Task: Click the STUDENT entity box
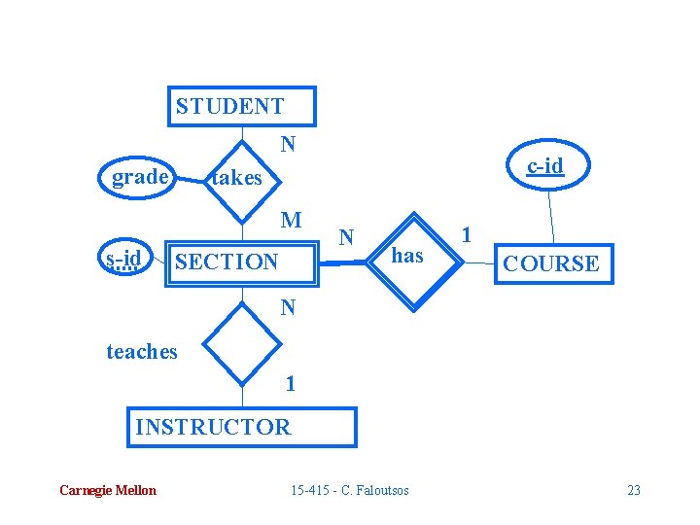click(244, 107)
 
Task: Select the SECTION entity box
click(243, 261)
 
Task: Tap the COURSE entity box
click(554, 262)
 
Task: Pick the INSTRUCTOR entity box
click(242, 427)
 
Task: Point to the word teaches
click(142, 352)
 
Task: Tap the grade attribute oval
click(139, 177)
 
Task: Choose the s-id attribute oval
click(125, 259)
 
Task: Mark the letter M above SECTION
click(291, 220)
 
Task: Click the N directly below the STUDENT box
click(288, 145)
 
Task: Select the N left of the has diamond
click(346, 236)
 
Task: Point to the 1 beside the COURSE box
click(467, 234)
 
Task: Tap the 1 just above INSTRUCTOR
click(290, 383)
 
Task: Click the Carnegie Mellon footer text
click(107, 490)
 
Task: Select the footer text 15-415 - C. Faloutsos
click(350, 490)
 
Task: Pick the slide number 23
click(634, 490)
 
